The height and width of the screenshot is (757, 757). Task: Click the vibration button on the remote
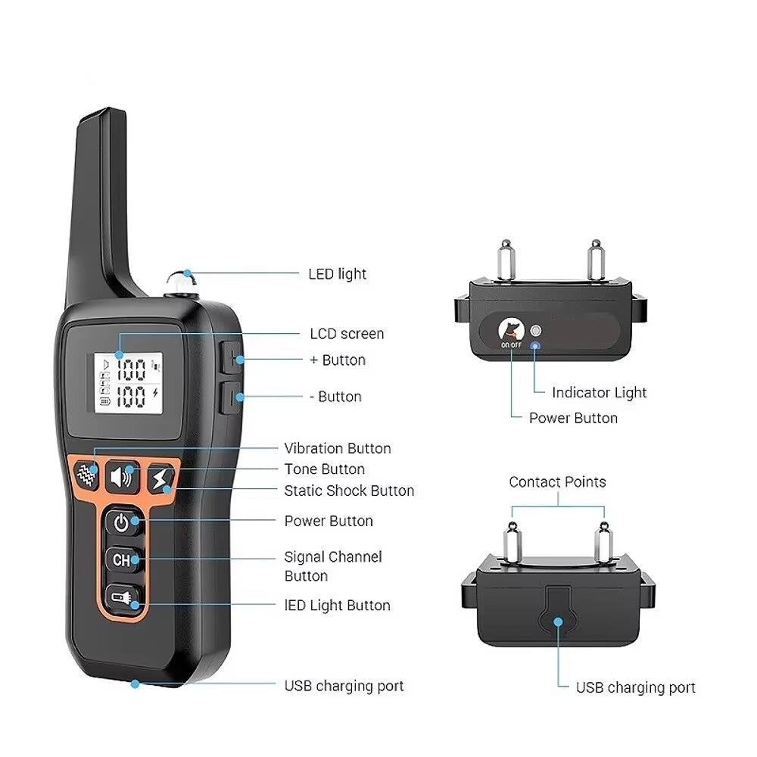click(87, 474)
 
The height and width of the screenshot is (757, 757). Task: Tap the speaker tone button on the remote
click(123, 477)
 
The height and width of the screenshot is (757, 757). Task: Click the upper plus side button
click(232, 357)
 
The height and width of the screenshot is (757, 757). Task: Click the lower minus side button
click(232, 397)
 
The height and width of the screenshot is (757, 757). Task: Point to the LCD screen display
click(127, 383)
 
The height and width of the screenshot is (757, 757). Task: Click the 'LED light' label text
click(337, 274)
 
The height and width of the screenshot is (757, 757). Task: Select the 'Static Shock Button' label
click(349, 491)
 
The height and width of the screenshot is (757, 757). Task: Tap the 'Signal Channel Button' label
click(333, 566)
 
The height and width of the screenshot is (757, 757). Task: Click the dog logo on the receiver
click(511, 330)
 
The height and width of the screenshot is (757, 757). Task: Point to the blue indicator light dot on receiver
click(534, 346)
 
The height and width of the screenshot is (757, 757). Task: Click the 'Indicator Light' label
click(599, 392)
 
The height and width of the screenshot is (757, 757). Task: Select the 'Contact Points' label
click(557, 481)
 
